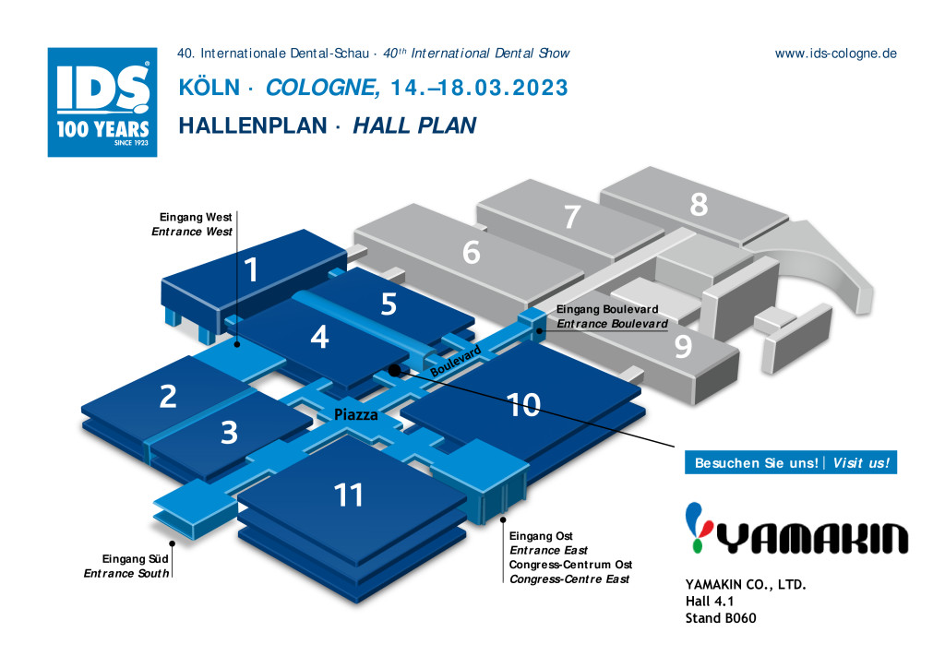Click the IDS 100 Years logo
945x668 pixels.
[102, 102]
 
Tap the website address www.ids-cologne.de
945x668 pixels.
[835, 54]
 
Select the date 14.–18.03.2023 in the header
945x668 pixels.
[479, 88]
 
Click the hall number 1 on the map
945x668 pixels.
[251, 269]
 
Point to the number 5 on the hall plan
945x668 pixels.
[389, 304]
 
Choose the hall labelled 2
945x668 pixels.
[168, 397]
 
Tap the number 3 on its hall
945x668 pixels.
[229, 433]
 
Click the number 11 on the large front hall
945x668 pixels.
[348, 495]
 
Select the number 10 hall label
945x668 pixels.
[524, 405]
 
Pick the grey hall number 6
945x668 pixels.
[472, 252]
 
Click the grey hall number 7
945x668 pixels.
[572, 217]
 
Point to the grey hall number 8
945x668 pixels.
[699, 204]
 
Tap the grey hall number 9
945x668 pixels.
[683, 346]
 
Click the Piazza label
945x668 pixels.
[356, 414]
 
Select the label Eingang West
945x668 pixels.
[196, 217]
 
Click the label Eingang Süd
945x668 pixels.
[135, 559]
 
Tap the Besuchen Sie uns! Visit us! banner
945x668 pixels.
[791, 462]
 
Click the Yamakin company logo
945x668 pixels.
[796, 529]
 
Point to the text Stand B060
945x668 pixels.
[721, 618]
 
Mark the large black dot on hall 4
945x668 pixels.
[394, 370]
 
